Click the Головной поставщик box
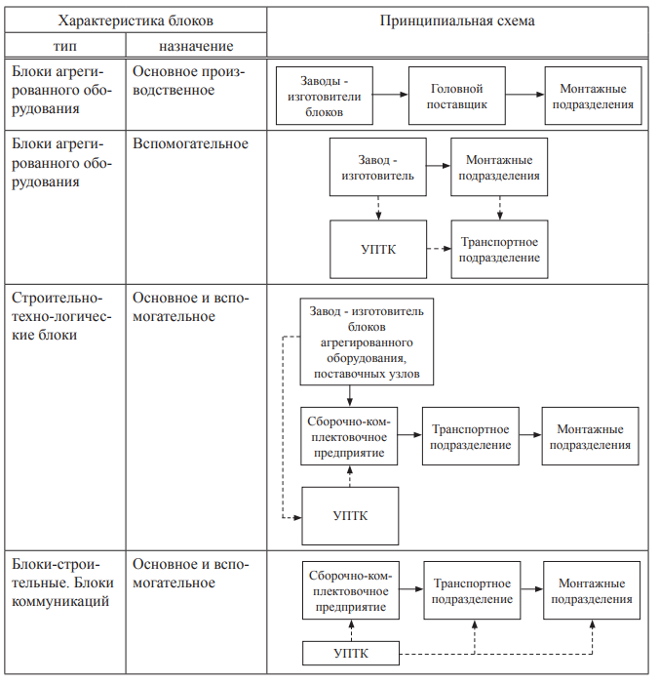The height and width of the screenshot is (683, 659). [456, 96]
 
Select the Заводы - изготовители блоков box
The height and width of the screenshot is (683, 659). [325, 96]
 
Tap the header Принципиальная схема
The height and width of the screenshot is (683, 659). [457, 20]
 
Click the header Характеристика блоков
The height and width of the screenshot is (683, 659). [136, 20]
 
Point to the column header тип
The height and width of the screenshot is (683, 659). [65, 46]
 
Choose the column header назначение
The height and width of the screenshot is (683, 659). [196, 46]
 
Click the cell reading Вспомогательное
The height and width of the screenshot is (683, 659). [190, 143]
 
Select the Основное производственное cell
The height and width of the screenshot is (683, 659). [188, 81]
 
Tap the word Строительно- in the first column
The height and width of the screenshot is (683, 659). [57, 298]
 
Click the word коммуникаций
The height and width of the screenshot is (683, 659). [60, 601]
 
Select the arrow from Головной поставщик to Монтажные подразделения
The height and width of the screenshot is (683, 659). [524, 95]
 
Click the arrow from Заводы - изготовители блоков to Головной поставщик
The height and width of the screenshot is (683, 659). [391, 95]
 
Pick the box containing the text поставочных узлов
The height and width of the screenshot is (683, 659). [367, 341]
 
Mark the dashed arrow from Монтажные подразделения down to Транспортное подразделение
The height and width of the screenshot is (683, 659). [500, 208]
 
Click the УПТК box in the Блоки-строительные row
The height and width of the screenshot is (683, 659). [351, 653]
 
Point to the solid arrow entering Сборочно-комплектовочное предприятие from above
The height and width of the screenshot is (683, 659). [350, 396]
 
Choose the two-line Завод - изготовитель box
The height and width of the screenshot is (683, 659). [378, 167]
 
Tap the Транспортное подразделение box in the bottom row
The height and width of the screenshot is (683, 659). [472, 590]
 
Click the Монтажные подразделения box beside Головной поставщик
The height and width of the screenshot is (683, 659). [593, 96]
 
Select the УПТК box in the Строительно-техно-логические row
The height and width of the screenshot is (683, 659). [350, 516]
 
